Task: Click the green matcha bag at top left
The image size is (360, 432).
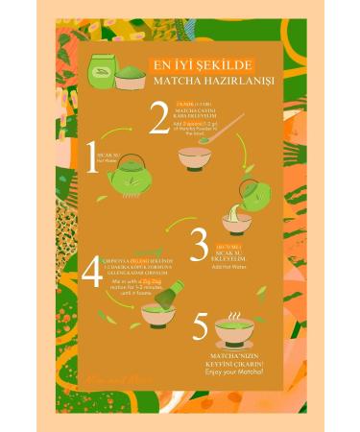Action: coord(101,71)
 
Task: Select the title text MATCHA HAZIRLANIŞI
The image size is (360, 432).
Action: coord(195,80)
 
